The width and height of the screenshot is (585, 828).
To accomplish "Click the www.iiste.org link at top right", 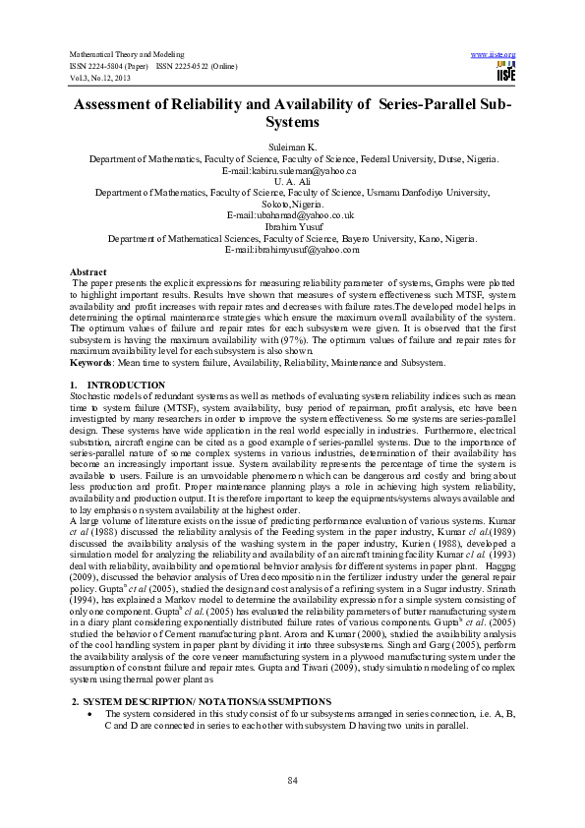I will click(x=494, y=54).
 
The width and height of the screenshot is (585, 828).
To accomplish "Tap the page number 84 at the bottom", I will click(x=292, y=780).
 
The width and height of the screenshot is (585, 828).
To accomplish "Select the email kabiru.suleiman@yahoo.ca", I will click(x=292, y=170).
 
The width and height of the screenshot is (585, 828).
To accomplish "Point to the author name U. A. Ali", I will click(x=292, y=181).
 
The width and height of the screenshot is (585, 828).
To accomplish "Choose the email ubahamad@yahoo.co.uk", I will click(x=292, y=214).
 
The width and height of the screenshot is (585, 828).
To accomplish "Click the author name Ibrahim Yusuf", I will click(x=292, y=226).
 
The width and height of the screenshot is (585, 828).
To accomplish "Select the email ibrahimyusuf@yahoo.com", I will click(x=292, y=249).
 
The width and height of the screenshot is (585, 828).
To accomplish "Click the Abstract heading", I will click(x=88, y=270).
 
